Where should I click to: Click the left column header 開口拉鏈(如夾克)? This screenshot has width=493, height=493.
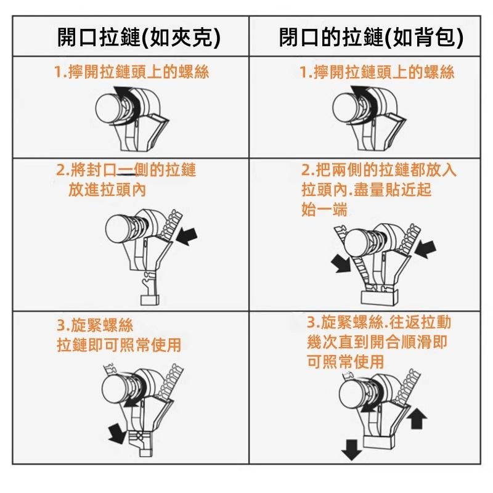tap(139, 38)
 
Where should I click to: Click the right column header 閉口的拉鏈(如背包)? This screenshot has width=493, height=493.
tap(371, 38)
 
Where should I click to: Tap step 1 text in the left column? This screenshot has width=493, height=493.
tap(132, 72)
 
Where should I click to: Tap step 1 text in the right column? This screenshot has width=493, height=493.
tap(377, 72)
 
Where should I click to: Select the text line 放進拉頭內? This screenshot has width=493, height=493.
tap(107, 189)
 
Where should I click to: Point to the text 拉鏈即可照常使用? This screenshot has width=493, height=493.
tap(119, 344)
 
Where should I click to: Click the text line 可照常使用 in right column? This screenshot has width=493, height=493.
tap(345, 361)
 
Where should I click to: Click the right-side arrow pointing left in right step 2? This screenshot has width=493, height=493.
tap(426, 249)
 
